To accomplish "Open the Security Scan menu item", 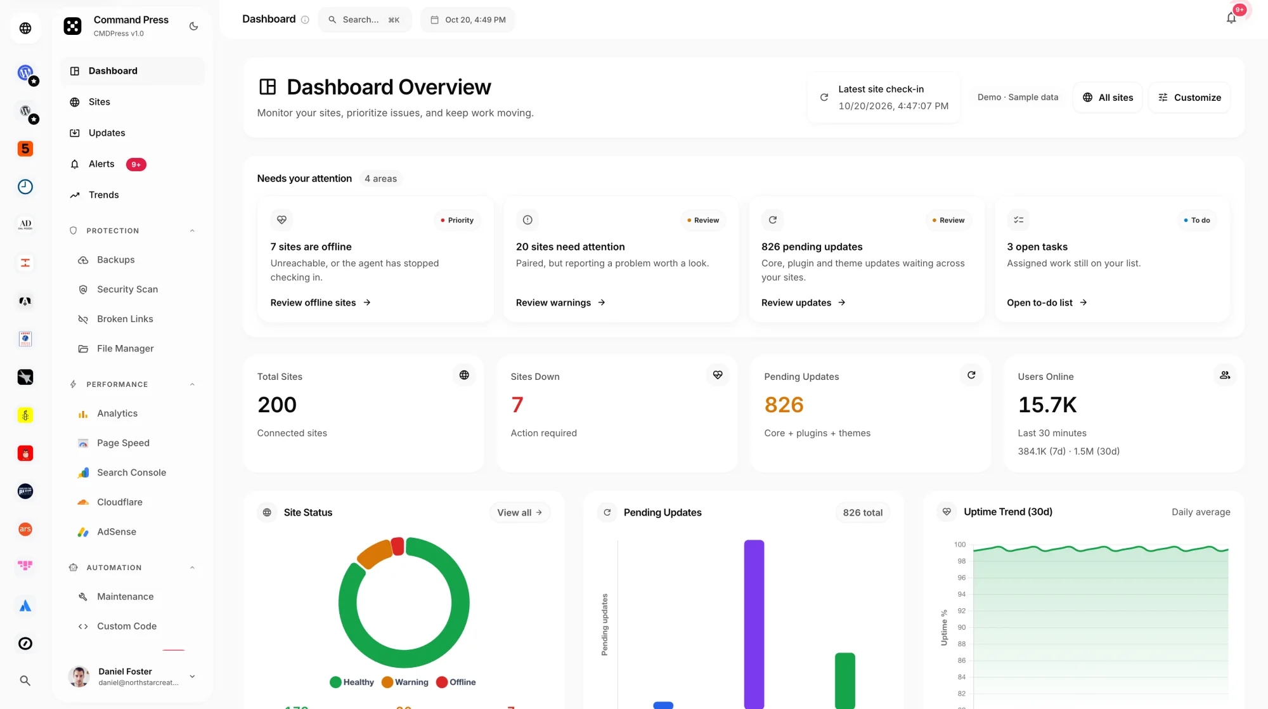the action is [127, 289].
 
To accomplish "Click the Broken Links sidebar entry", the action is [125, 319].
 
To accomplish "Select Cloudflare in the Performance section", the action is [119, 502].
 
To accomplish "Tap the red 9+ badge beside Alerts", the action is [136, 164].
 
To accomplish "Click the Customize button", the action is [1189, 98].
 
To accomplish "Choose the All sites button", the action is [1108, 98].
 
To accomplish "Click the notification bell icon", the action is [1231, 18].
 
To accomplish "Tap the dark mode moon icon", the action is [194, 26].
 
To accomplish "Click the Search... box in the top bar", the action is [365, 20].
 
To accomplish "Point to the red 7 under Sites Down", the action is [517, 405].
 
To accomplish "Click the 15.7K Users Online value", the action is [1047, 405].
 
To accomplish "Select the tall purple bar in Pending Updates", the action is [754, 624].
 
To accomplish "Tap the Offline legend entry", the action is [456, 682].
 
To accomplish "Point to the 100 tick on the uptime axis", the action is [960, 545].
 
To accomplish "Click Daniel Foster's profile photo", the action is [79, 677].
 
